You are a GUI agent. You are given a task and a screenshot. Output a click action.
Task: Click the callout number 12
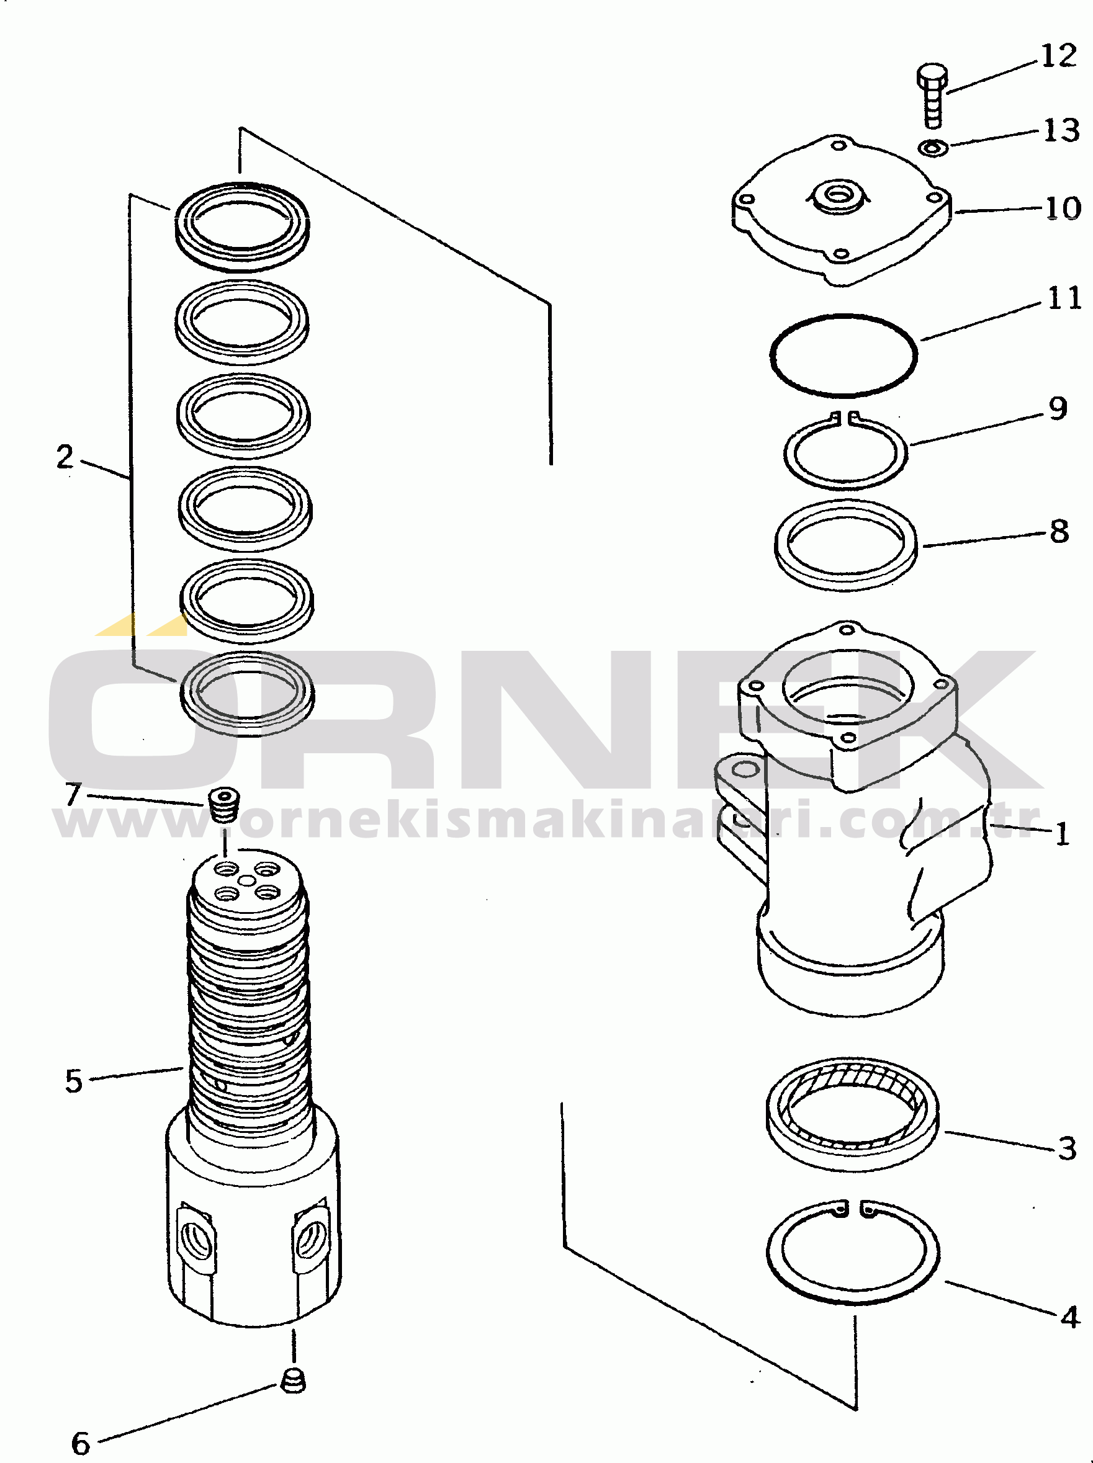[x=1059, y=56]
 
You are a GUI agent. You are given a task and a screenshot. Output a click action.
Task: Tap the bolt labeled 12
[x=932, y=96]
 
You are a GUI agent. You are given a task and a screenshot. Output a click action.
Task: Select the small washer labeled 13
[x=933, y=148]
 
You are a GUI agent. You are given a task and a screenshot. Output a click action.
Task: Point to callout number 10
[x=1063, y=209]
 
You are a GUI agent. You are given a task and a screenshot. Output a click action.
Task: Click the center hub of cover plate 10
[x=839, y=195]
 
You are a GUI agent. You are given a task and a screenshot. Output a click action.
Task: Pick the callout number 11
[x=1064, y=298]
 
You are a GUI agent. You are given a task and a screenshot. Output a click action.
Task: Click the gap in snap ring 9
[x=845, y=418]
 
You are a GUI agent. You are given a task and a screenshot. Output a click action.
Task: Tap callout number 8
[x=1059, y=531]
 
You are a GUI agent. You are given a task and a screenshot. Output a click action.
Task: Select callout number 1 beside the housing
[x=1062, y=834]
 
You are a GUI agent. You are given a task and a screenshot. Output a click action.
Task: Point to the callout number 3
[x=1067, y=1148]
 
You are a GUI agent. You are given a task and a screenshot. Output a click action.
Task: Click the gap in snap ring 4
[x=853, y=1209]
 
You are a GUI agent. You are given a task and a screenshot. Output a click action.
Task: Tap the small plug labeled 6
[x=293, y=1380]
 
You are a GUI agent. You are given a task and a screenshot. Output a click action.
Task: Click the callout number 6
[x=81, y=1443]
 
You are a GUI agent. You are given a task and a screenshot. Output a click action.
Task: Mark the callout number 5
[x=74, y=1081]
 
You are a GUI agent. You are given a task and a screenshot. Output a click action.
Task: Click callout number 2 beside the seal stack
[x=65, y=457]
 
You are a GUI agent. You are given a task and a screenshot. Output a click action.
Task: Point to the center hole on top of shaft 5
[x=246, y=880]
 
